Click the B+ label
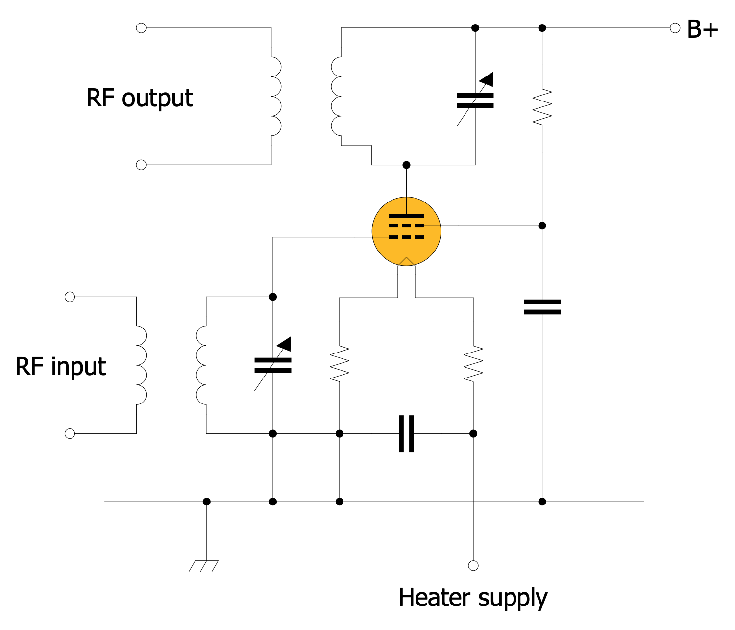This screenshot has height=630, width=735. (x=702, y=29)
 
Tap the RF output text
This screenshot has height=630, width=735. (x=140, y=98)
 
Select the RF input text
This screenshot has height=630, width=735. (x=61, y=367)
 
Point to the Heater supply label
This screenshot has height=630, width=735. (x=473, y=598)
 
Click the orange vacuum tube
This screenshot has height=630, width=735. (x=406, y=231)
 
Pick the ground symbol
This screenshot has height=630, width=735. (x=204, y=566)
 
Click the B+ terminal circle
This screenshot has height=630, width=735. (x=675, y=28)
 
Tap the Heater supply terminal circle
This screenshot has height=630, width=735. (x=473, y=566)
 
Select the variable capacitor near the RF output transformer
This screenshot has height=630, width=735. (x=475, y=100)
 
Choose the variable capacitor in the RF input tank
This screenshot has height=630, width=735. (x=273, y=365)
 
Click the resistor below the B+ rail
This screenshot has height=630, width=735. (x=542, y=106)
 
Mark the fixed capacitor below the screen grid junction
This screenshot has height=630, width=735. (x=542, y=307)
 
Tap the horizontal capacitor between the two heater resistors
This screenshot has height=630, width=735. (x=406, y=433)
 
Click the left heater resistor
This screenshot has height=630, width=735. (x=340, y=363)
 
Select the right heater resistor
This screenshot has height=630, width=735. (x=473, y=363)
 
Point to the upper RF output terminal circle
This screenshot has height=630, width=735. (x=141, y=28)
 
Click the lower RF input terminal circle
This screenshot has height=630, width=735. (x=70, y=433)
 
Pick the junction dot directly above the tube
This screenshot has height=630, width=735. (x=406, y=165)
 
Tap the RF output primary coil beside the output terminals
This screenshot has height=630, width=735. (x=275, y=96)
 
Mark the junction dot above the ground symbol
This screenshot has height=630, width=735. (x=207, y=502)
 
